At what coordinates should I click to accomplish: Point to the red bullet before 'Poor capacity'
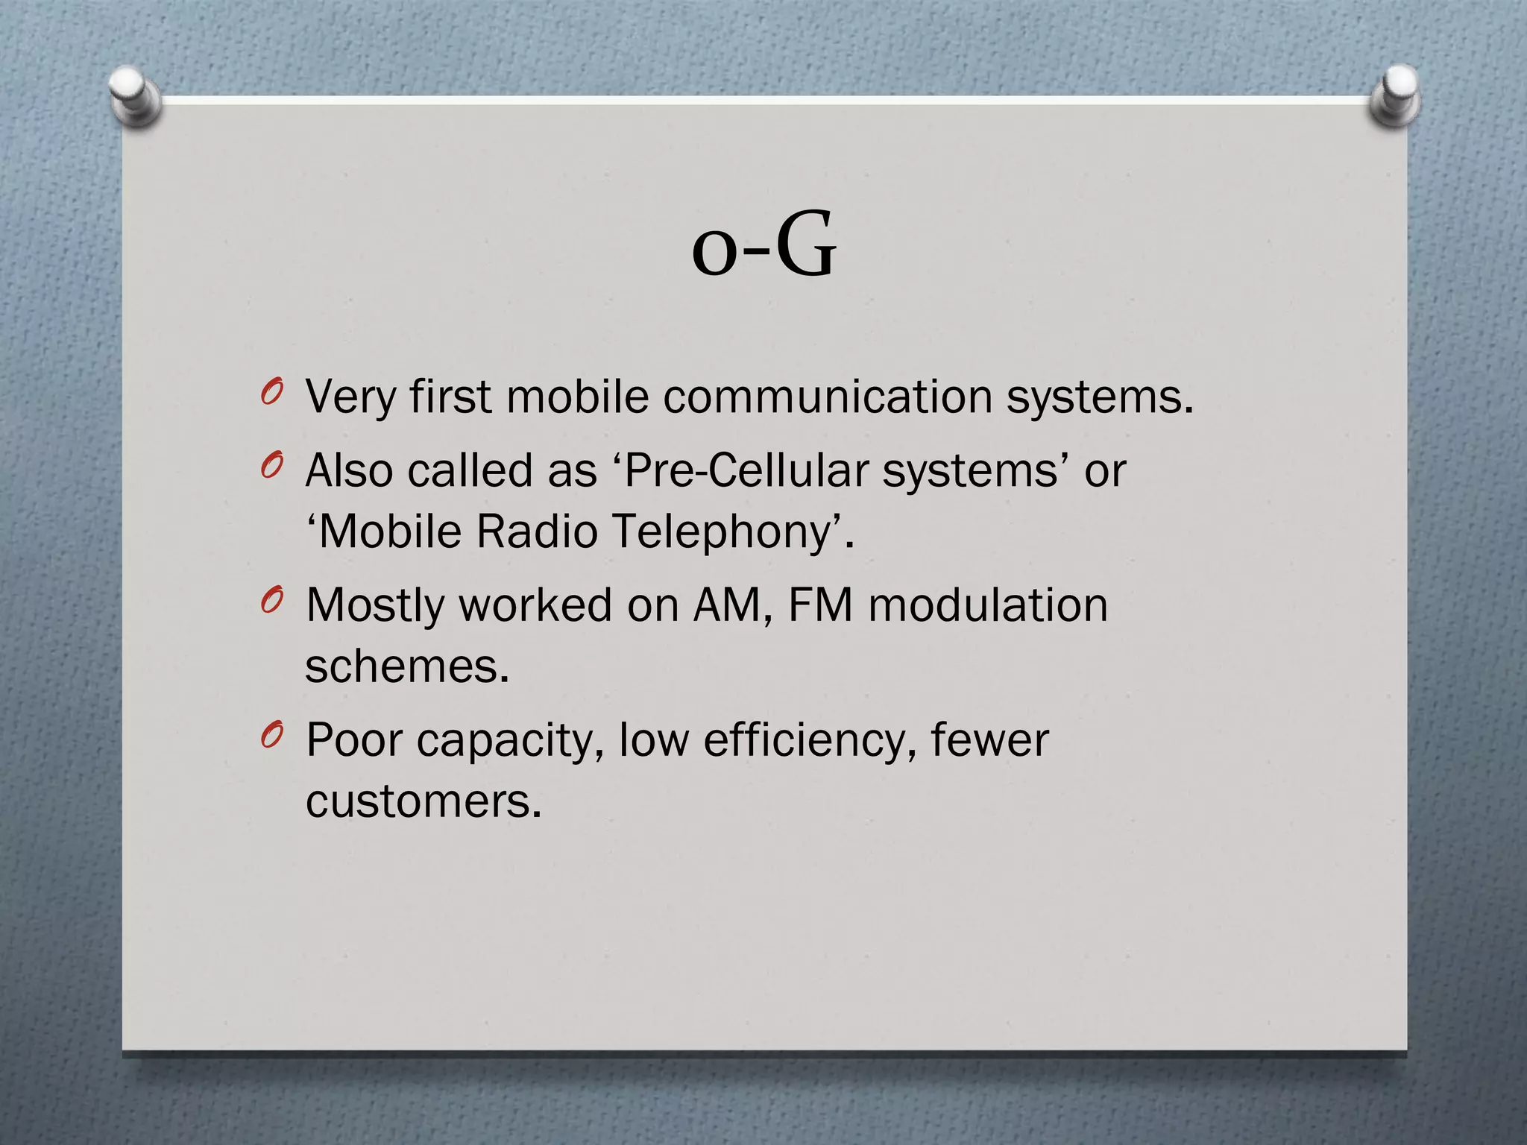(x=272, y=736)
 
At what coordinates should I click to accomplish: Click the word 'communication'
(x=828, y=397)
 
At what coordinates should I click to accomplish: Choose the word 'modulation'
(x=987, y=605)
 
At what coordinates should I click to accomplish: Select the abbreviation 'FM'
(x=819, y=605)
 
